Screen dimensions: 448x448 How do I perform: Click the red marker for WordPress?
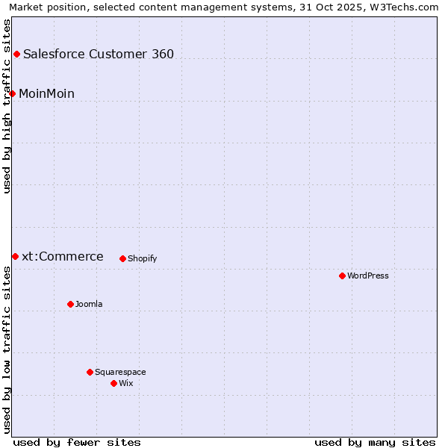pyautogui.click(x=342, y=276)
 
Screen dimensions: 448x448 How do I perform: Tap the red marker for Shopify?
pyautogui.click(x=122, y=258)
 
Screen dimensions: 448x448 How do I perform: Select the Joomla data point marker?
pyautogui.click(x=70, y=304)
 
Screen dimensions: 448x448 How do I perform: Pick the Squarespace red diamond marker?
pyautogui.click(x=90, y=372)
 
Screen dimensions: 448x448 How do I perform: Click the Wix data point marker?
pyautogui.click(x=113, y=383)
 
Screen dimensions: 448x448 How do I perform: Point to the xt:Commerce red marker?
pyautogui.click(x=15, y=256)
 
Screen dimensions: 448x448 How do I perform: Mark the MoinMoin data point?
pyautogui.click(x=12, y=93)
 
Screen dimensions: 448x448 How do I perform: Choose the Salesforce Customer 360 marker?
pyautogui.click(x=16, y=54)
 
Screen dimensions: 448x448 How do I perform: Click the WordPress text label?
pyautogui.click(x=368, y=276)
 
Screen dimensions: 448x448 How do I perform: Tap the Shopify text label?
pyautogui.click(x=143, y=258)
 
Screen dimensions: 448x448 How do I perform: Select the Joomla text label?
pyautogui.click(x=89, y=304)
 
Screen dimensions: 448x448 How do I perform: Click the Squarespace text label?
pyautogui.click(x=120, y=372)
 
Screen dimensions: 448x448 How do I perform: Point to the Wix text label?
pyautogui.click(x=126, y=383)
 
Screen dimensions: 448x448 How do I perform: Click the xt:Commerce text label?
pyautogui.click(x=63, y=257)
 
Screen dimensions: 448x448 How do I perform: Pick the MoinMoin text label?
pyautogui.click(x=46, y=93)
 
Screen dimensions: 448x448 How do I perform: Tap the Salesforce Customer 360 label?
pyautogui.click(x=99, y=54)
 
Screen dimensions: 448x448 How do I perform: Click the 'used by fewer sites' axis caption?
pyautogui.click(x=77, y=442)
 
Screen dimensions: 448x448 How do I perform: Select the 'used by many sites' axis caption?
pyautogui.click(x=375, y=442)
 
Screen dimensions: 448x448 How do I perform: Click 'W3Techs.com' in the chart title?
pyautogui.click(x=402, y=7)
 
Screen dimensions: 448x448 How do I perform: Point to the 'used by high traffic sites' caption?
pyautogui.click(x=7, y=106)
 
